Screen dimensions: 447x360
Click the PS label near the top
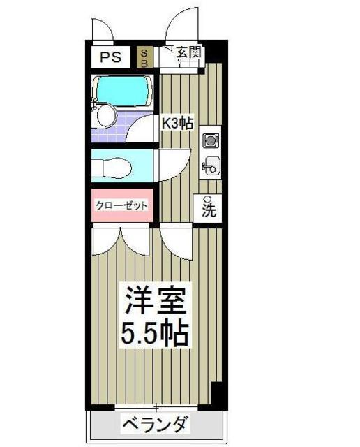click(110, 57)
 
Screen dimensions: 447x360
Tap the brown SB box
click(144, 56)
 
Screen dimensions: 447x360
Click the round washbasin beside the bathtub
click(106, 115)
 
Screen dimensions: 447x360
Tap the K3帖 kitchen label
click(177, 123)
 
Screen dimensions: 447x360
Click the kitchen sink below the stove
click(210, 166)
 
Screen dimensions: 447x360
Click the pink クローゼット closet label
click(122, 206)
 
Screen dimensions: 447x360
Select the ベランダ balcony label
click(155, 424)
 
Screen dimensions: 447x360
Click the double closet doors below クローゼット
click(123, 242)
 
